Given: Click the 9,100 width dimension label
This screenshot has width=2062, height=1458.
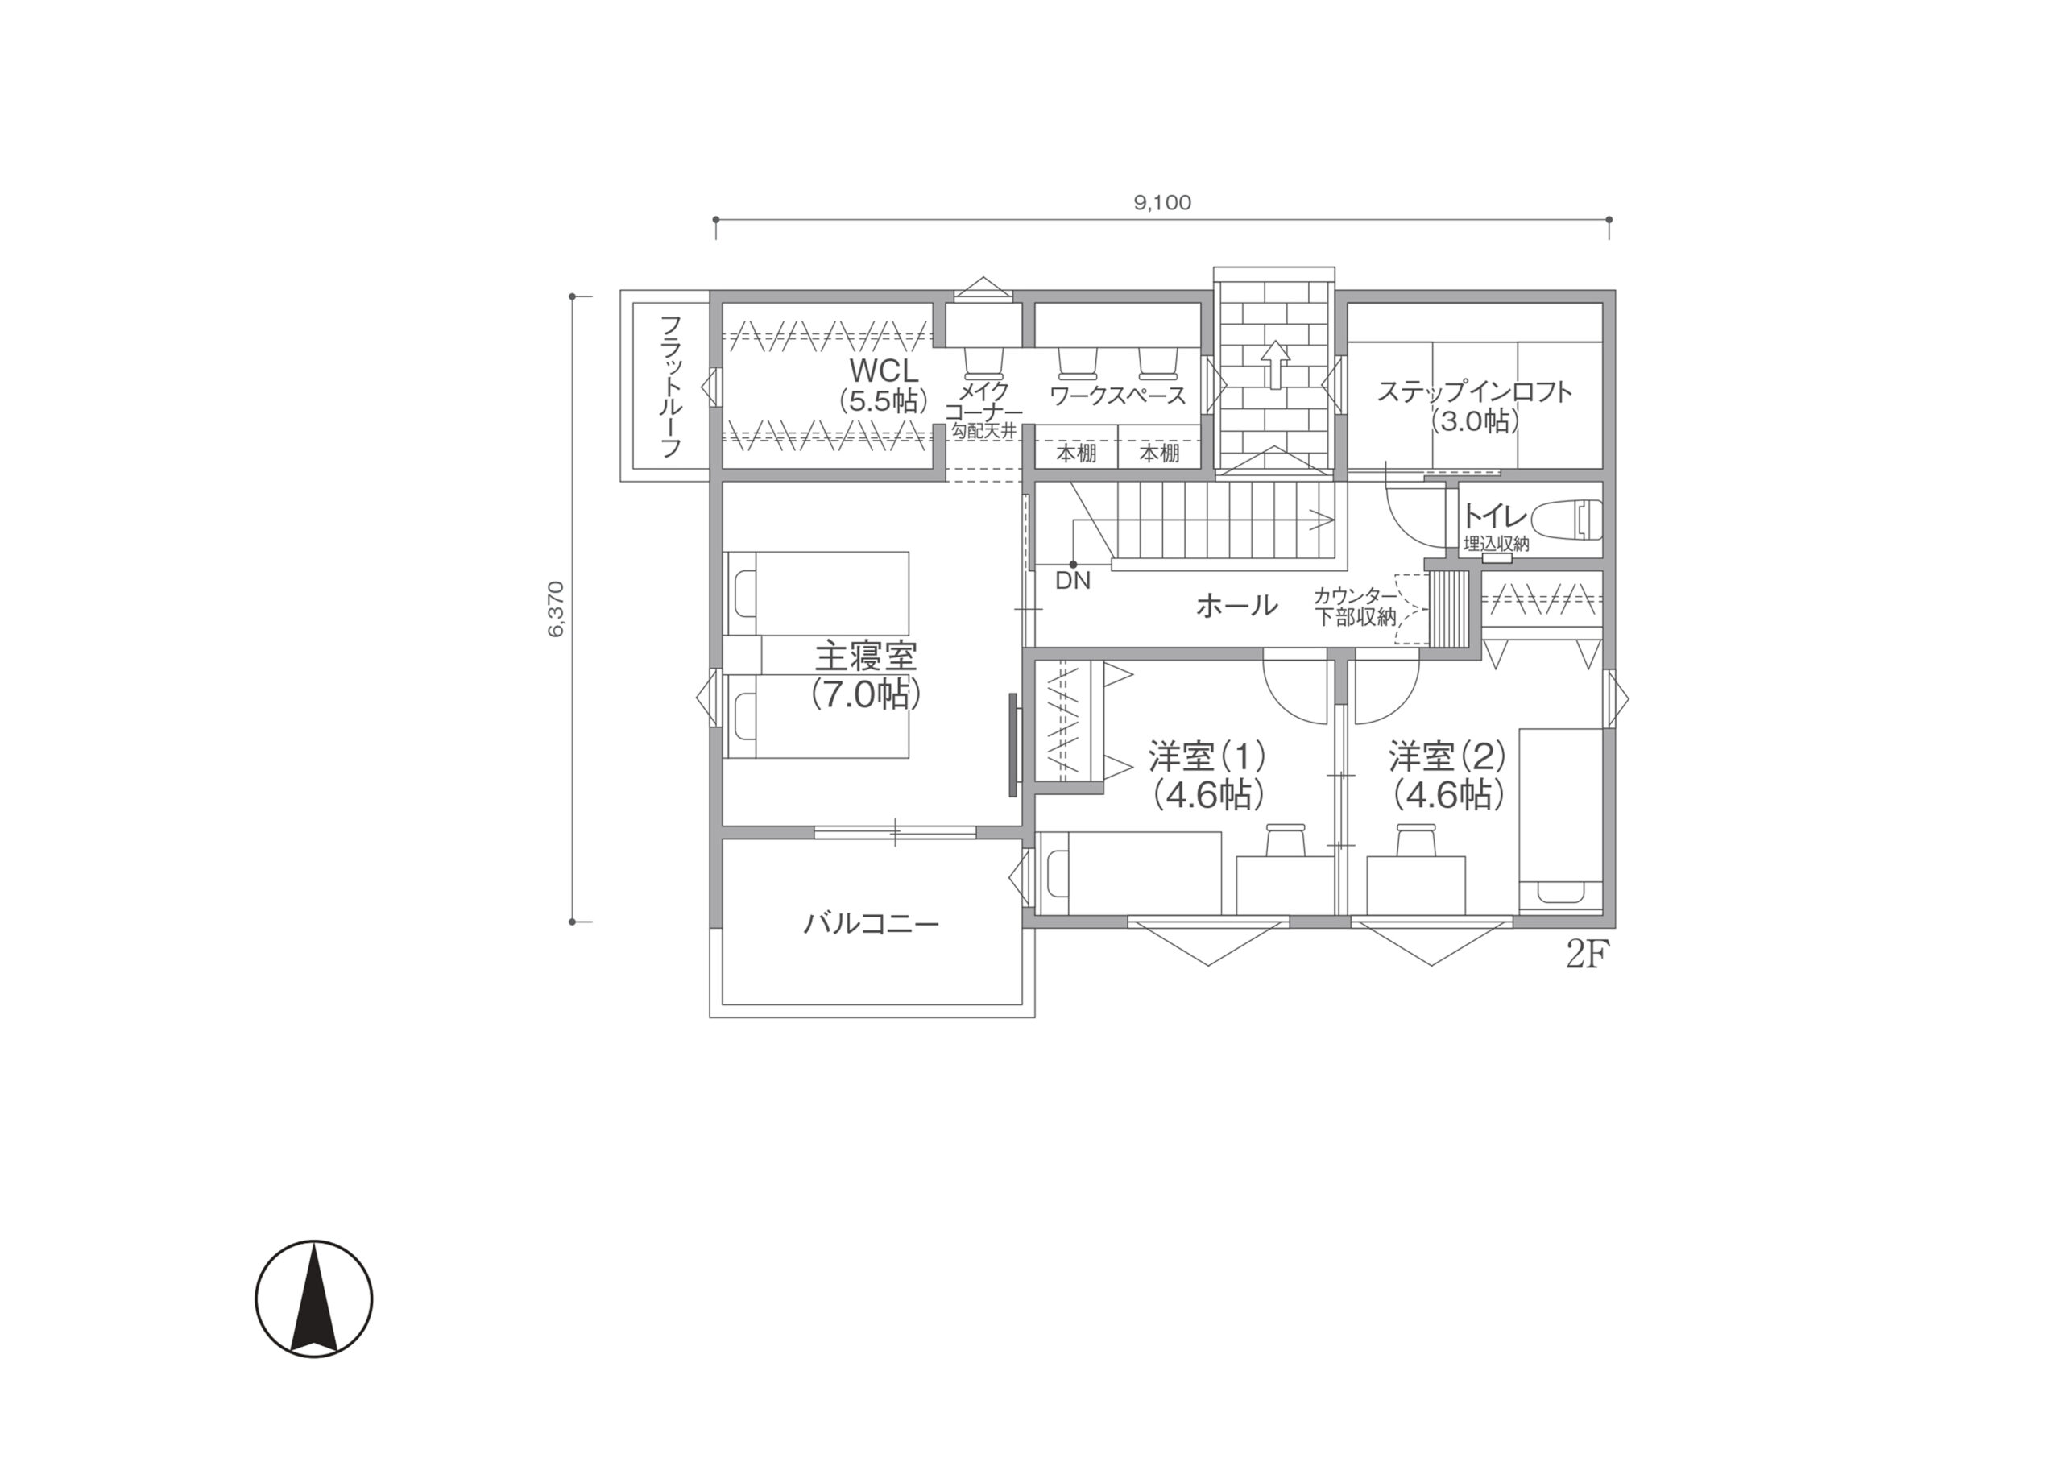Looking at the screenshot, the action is [x=1162, y=203].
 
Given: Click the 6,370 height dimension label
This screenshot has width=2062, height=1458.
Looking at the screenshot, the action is [x=556, y=608].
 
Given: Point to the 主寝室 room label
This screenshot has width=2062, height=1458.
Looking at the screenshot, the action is [x=866, y=657].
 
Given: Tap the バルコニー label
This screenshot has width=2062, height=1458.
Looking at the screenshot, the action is [x=872, y=922].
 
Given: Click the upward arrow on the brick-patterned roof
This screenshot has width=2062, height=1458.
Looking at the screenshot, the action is [x=1274, y=364].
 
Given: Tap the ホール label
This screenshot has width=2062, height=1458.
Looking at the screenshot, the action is [x=1236, y=606].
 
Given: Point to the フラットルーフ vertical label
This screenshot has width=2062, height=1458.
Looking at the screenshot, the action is [x=671, y=387].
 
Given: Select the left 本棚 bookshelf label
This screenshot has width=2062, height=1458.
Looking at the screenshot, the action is [x=1076, y=454].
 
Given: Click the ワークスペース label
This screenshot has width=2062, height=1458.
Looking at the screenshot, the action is [x=1117, y=396].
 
